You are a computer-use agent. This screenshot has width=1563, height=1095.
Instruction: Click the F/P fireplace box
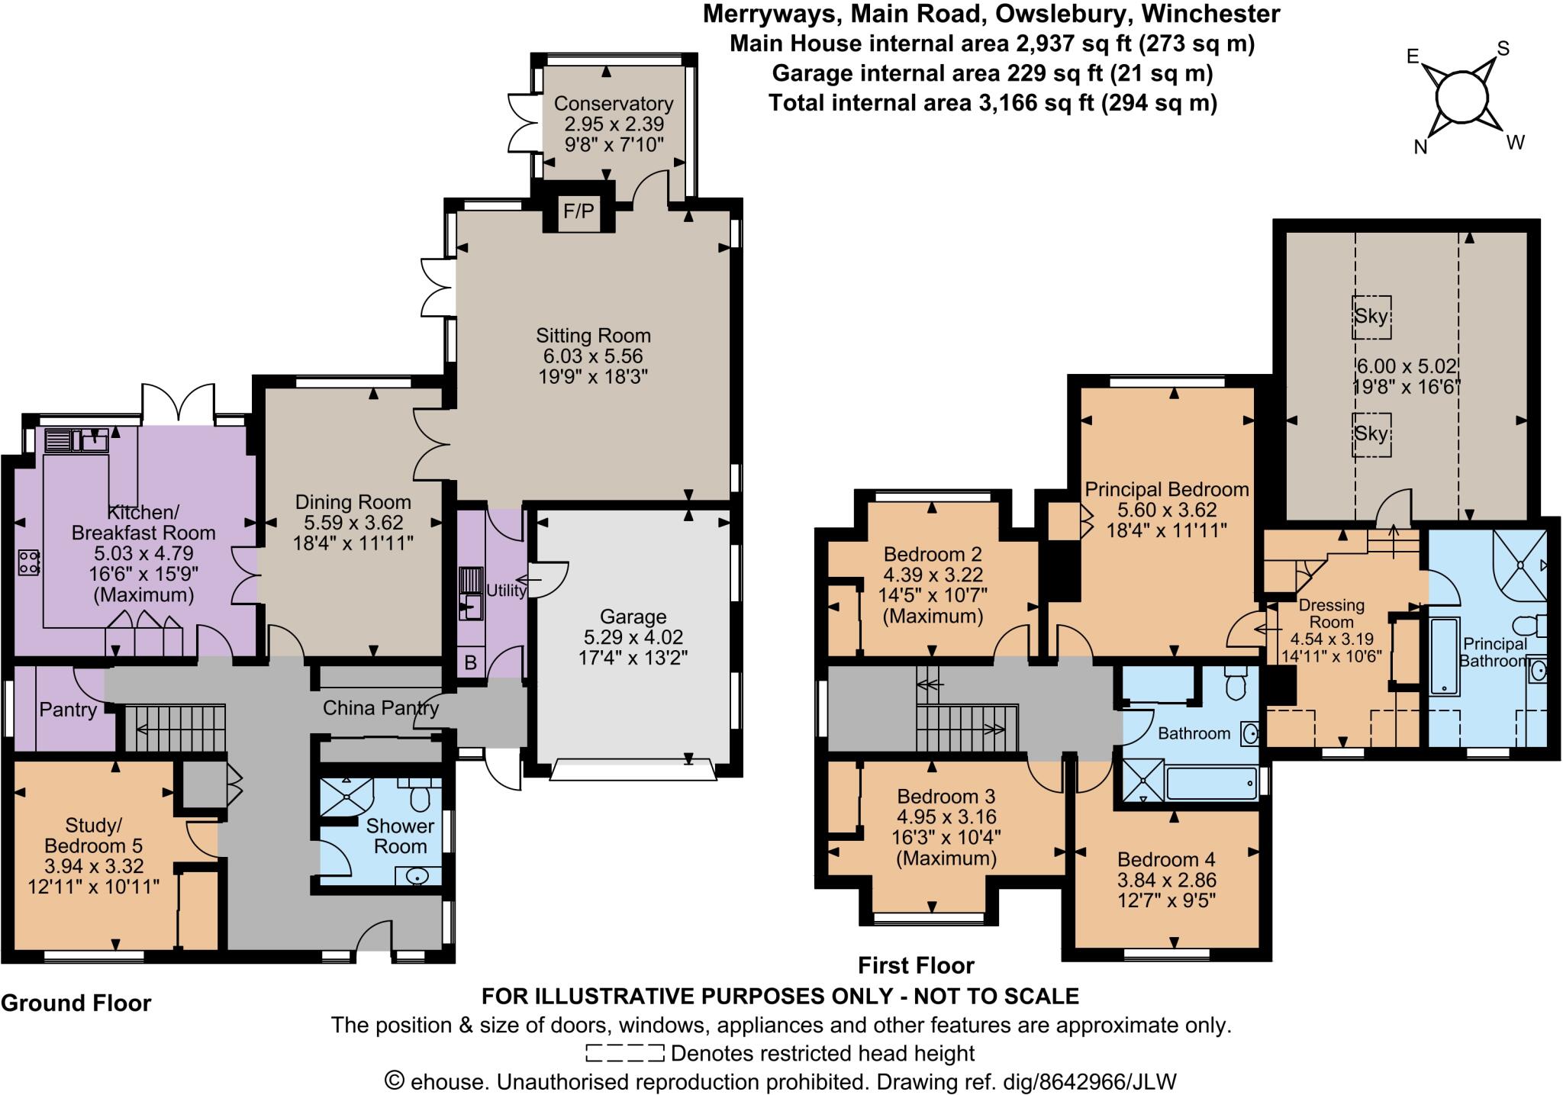[578, 211]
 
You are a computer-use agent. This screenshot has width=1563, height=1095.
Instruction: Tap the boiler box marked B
[470, 662]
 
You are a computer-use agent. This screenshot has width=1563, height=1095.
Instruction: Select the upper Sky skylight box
[1371, 316]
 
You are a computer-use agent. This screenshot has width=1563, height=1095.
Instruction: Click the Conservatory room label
[614, 104]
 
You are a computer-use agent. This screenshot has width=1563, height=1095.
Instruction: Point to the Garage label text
[633, 617]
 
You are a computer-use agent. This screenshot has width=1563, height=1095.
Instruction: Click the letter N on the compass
[1420, 147]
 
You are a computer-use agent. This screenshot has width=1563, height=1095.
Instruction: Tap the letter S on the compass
[1503, 50]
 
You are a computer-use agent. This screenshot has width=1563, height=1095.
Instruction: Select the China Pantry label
[380, 708]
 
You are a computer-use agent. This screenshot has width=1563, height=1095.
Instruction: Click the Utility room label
[506, 590]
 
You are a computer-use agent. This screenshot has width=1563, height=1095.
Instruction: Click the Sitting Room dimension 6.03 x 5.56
[592, 356]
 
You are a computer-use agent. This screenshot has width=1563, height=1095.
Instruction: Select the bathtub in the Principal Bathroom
[1444, 656]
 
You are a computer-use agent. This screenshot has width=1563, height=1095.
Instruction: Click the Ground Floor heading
[76, 1003]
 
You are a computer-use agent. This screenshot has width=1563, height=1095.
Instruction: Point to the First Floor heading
[916, 965]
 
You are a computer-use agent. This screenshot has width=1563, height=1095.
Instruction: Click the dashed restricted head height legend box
[624, 1054]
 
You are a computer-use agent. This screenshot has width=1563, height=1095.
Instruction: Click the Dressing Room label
[1331, 614]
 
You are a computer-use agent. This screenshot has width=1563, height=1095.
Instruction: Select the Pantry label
[68, 710]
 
